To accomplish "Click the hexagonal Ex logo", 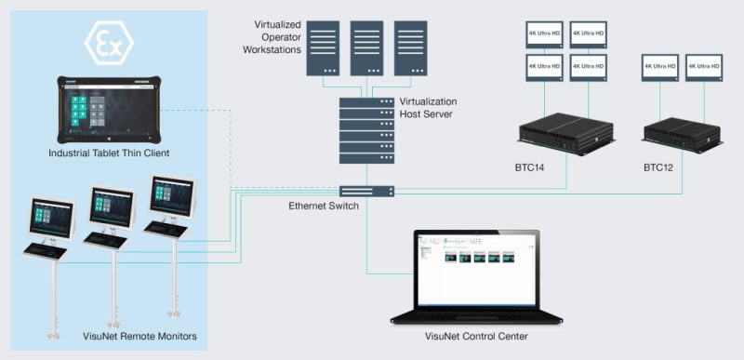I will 109,42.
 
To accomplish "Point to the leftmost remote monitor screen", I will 52,219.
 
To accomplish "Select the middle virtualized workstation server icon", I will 366,48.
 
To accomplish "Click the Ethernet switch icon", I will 366,191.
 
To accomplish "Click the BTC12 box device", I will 683,133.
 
